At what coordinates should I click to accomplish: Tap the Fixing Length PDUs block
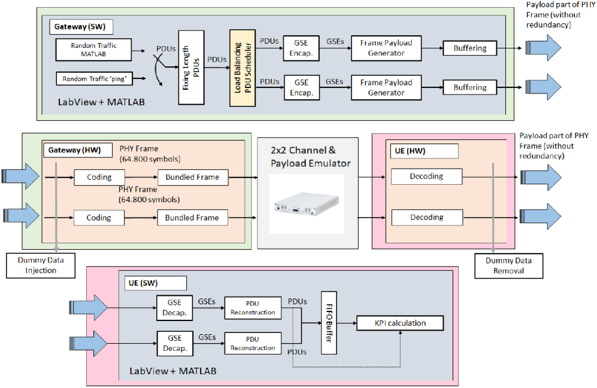pos(187,68)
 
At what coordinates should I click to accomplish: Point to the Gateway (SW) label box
pos(81,27)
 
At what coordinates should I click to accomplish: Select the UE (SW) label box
pos(155,282)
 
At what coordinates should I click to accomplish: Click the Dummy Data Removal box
pos(509,265)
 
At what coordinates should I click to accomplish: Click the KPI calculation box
pos(400,323)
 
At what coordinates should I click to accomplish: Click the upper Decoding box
pos(426,176)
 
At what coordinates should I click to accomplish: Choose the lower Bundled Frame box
pos(192,218)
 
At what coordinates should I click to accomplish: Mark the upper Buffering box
pos(469,48)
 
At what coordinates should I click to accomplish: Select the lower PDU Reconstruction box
pos(252,344)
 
